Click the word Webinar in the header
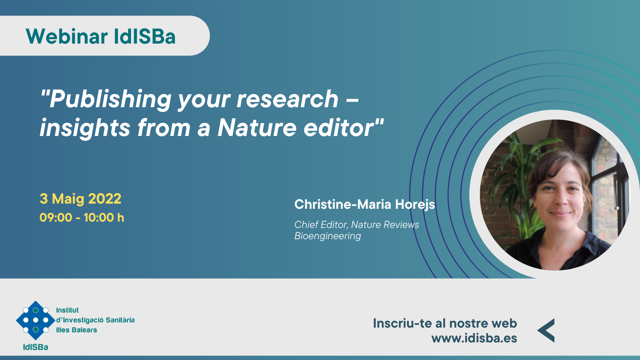point(66,36)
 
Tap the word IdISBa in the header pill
point(144,36)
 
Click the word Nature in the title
point(257,128)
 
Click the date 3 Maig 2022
point(80,198)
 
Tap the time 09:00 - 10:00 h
point(82,218)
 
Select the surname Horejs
point(415,204)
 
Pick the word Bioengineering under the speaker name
point(328,236)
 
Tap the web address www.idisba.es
point(474,338)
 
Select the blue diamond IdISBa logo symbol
point(36,320)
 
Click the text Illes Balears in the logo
point(76,330)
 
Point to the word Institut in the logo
point(68,310)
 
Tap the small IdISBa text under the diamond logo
point(36,347)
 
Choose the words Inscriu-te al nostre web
point(445,324)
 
